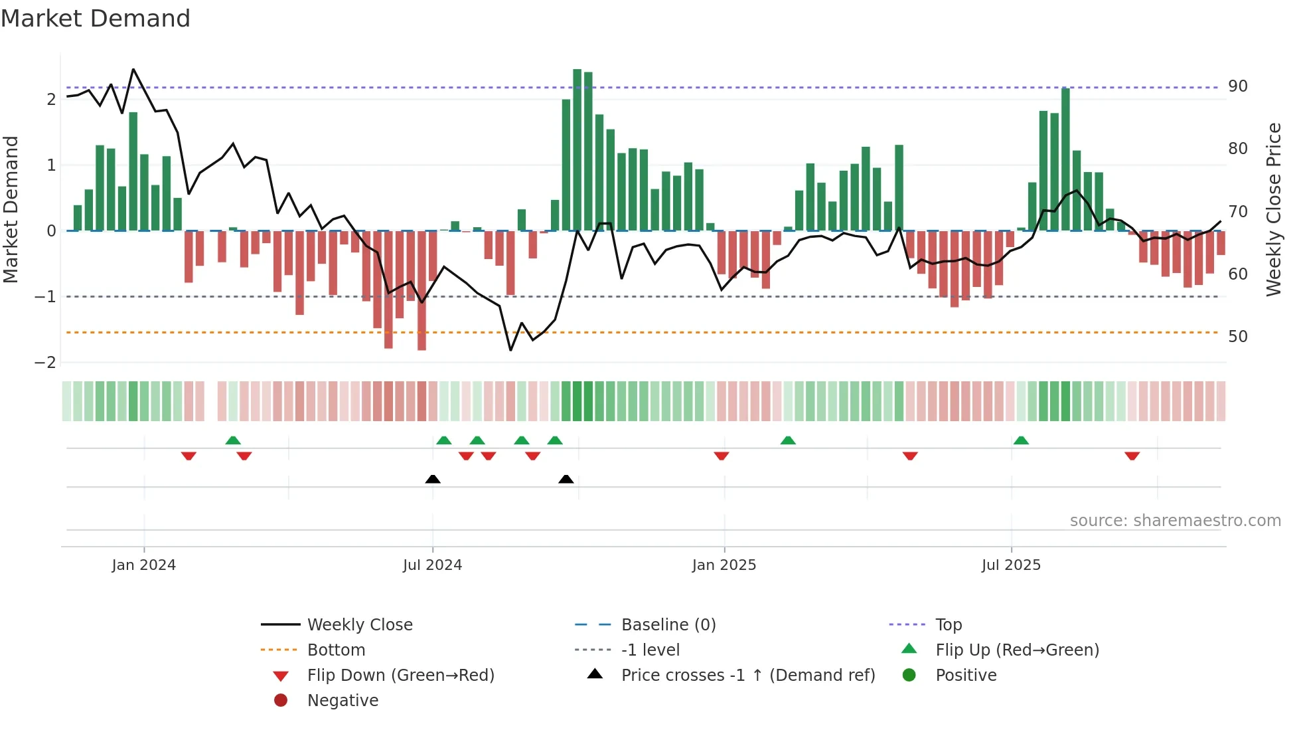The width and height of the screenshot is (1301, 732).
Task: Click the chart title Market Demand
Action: click(x=96, y=19)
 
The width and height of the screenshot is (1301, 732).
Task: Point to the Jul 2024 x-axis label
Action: click(x=432, y=565)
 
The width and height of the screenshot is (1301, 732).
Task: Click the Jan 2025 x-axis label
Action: click(x=724, y=565)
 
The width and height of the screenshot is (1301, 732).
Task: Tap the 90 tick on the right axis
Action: click(x=1237, y=86)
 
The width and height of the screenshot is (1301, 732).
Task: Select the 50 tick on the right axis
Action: click(x=1237, y=336)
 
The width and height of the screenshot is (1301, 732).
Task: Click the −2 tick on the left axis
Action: click(x=46, y=362)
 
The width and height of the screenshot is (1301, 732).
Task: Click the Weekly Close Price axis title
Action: click(x=1273, y=209)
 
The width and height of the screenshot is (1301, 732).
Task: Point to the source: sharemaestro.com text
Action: click(x=1175, y=520)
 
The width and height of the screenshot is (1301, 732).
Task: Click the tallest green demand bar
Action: click(x=577, y=149)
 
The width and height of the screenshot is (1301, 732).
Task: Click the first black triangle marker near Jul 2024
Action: click(x=433, y=479)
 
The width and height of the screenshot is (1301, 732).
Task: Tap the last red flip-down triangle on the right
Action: click(x=1132, y=456)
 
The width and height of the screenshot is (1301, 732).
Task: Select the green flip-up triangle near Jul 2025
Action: click(x=1021, y=440)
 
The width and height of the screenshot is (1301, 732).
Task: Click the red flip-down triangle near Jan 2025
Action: click(x=722, y=456)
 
